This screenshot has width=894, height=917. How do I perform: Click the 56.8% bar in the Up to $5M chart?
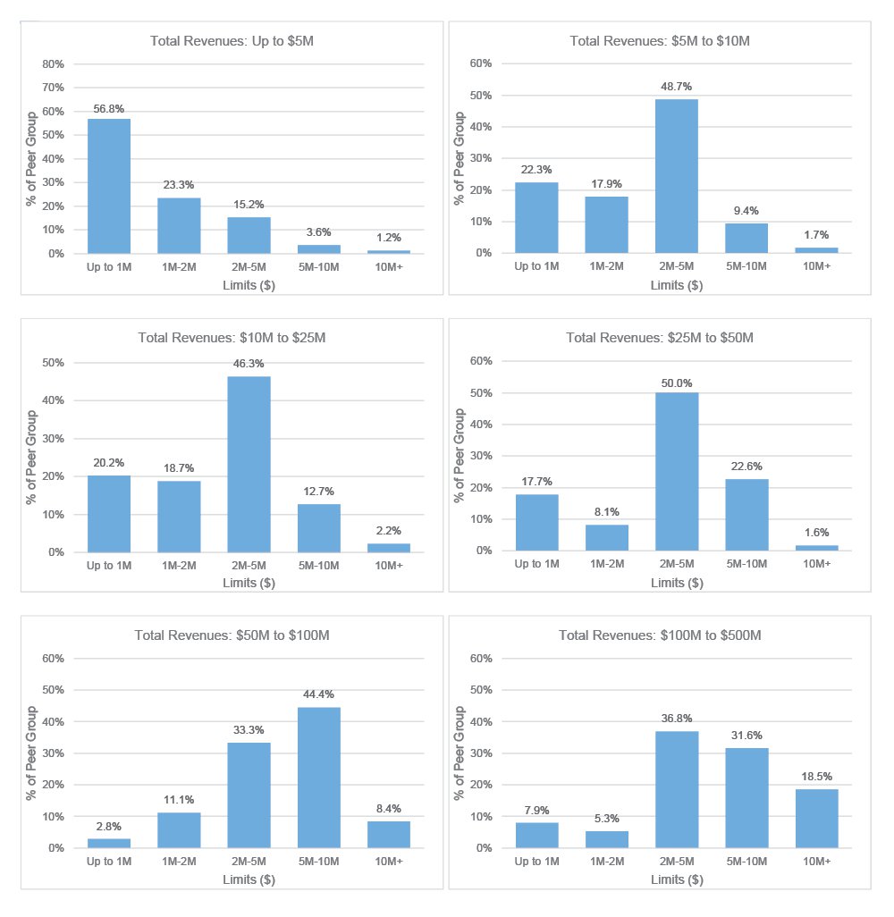(109, 186)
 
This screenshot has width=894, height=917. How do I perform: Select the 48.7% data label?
(677, 87)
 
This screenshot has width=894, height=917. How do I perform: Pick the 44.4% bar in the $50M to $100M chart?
(319, 778)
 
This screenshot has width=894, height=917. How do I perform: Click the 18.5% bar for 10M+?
(817, 818)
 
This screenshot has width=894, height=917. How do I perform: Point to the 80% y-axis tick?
(52, 64)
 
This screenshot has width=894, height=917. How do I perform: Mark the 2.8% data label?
(109, 827)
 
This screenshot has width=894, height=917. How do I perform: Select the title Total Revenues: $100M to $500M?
(660, 635)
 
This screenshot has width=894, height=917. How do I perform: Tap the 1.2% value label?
(389, 238)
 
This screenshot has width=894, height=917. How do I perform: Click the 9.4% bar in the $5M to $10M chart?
(747, 238)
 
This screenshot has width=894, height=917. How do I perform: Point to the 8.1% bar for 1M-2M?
(607, 537)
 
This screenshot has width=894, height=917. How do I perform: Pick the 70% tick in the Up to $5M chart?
(52, 88)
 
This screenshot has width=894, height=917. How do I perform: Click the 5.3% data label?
(607, 819)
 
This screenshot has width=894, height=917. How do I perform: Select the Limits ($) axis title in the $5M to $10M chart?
(677, 286)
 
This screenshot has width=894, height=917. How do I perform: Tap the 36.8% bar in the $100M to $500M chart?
(677, 789)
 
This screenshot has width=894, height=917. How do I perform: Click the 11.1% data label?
(179, 800)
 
